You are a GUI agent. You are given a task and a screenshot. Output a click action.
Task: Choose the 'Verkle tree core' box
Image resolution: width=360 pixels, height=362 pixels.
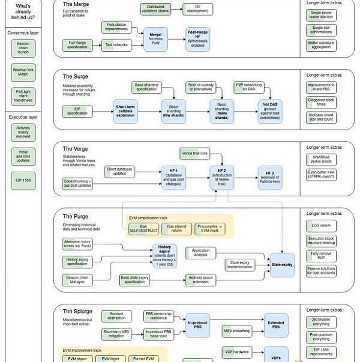[x=195, y=154]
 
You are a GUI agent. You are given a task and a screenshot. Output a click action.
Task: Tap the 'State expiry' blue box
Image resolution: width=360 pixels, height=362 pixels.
[x=281, y=264]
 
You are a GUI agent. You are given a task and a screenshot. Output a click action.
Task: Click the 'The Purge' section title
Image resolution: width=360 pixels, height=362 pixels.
[x=76, y=216]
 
